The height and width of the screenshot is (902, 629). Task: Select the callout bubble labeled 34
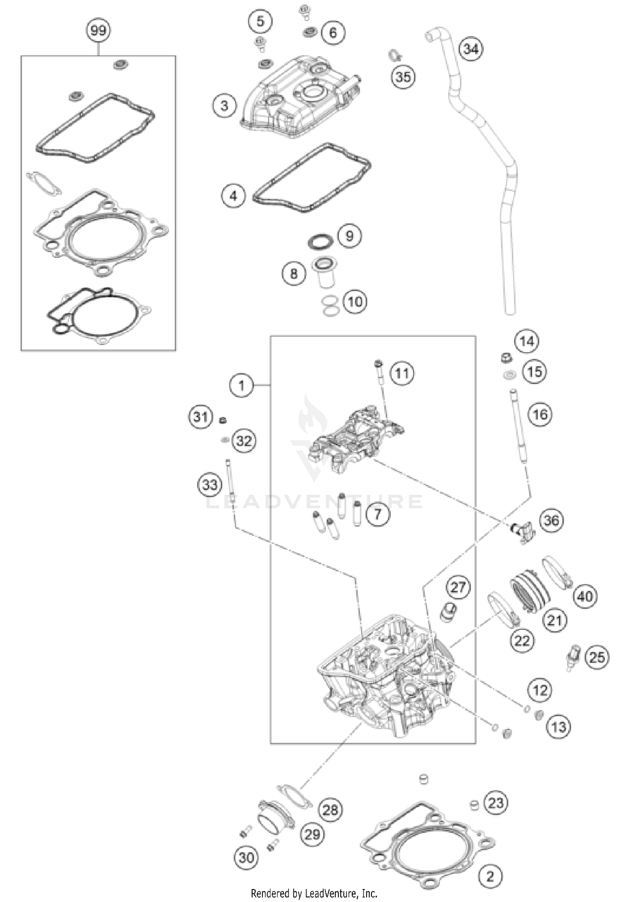(x=470, y=49)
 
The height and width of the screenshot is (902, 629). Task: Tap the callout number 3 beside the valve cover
(x=224, y=105)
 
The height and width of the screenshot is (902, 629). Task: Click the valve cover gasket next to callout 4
(x=311, y=178)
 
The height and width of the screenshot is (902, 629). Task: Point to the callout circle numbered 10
(x=355, y=302)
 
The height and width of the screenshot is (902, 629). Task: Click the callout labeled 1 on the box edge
(x=241, y=385)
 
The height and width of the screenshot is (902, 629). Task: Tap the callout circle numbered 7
(x=377, y=514)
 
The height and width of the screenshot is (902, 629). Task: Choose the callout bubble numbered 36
(x=551, y=520)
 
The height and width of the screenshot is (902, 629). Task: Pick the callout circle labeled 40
(x=585, y=596)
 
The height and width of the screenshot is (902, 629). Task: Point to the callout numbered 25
(x=597, y=657)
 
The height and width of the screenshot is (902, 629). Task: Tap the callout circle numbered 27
(x=458, y=587)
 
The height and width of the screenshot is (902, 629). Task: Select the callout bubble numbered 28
(x=330, y=809)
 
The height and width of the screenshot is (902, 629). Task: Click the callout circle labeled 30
(x=247, y=858)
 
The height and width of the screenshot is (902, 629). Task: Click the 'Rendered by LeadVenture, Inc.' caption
(x=314, y=894)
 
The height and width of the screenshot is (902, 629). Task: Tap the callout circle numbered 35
(x=403, y=77)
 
